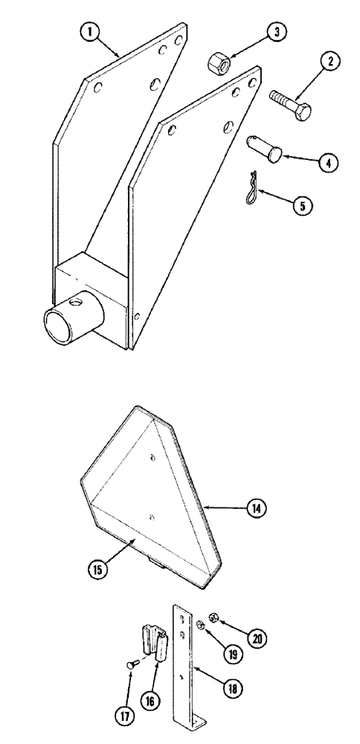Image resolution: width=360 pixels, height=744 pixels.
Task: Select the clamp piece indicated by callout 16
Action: [154, 642]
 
